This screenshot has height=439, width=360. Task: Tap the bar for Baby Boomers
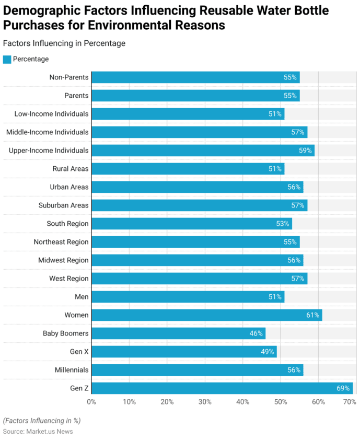[x=178, y=333]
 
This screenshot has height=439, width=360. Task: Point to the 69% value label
[x=343, y=388]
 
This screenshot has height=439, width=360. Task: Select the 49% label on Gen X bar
[x=268, y=352]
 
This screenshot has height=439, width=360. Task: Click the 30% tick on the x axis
[x=205, y=402]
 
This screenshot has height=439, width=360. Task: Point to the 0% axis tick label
[x=91, y=402]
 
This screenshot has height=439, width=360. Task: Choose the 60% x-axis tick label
[x=318, y=402]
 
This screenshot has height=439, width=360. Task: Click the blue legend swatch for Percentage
[x=7, y=59]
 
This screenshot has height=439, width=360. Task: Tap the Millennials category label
[x=72, y=370]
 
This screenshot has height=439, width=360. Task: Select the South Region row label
[x=67, y=224]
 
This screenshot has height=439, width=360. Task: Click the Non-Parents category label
[x=69, y=77]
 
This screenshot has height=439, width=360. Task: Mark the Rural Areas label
[x=71, y=169]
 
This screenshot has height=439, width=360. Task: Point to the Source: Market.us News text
[x=38, y=431]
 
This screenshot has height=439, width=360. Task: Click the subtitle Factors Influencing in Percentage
[x=64, y=43]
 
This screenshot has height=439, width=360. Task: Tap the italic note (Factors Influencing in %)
[x=42, y=420]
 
